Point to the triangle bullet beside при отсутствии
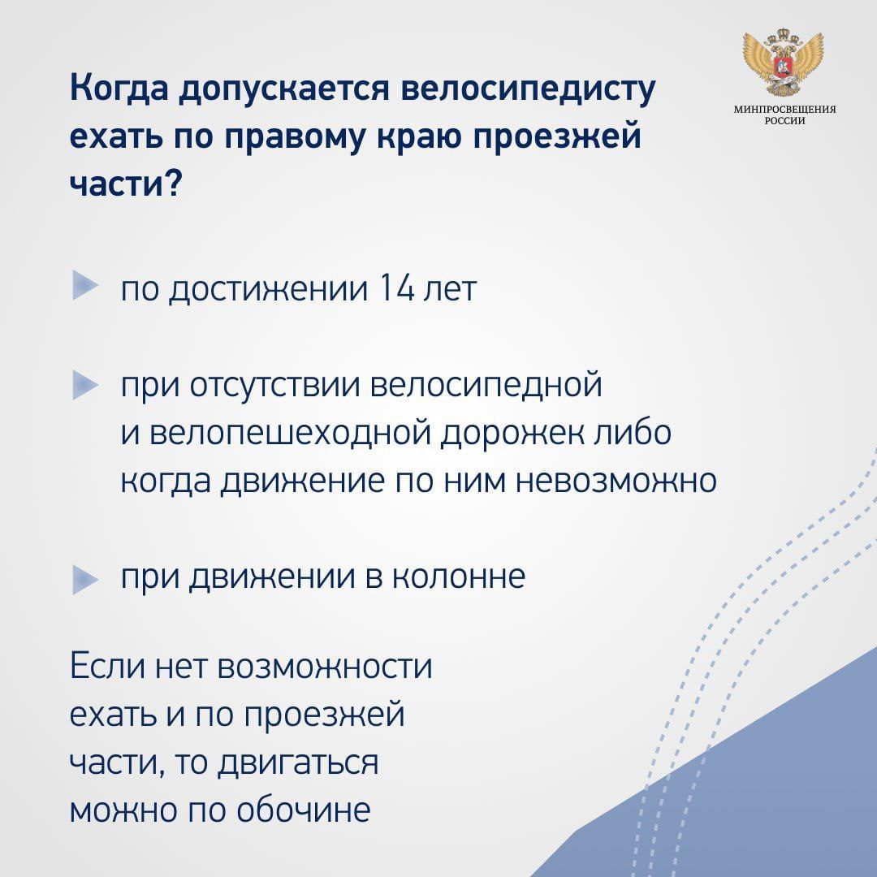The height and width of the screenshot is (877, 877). pyautogui.click(x=85, y=385)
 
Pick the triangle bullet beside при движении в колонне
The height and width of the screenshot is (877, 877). pyautogui.click(x=85, y=580)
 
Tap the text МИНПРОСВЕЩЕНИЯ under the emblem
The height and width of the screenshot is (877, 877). pyautogui.click(x=784, y=110)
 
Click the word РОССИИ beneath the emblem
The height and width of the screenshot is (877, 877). pyautogui.click(x=785, y=121)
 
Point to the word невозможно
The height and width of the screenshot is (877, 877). pyautogui.click(x=616, y=481)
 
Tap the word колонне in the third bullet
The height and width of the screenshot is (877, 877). pyautogui.click(x=459, y=577)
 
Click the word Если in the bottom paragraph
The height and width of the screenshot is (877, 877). pyautogui.click(x=105, y=667)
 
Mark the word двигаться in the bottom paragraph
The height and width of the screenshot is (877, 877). pyautogui.click(x=297, y=763)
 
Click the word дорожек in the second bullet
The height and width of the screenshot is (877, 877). pyautogui.click(x=512, y=434)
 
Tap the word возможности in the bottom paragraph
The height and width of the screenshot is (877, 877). pyautogui.click(x=325, y=667)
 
